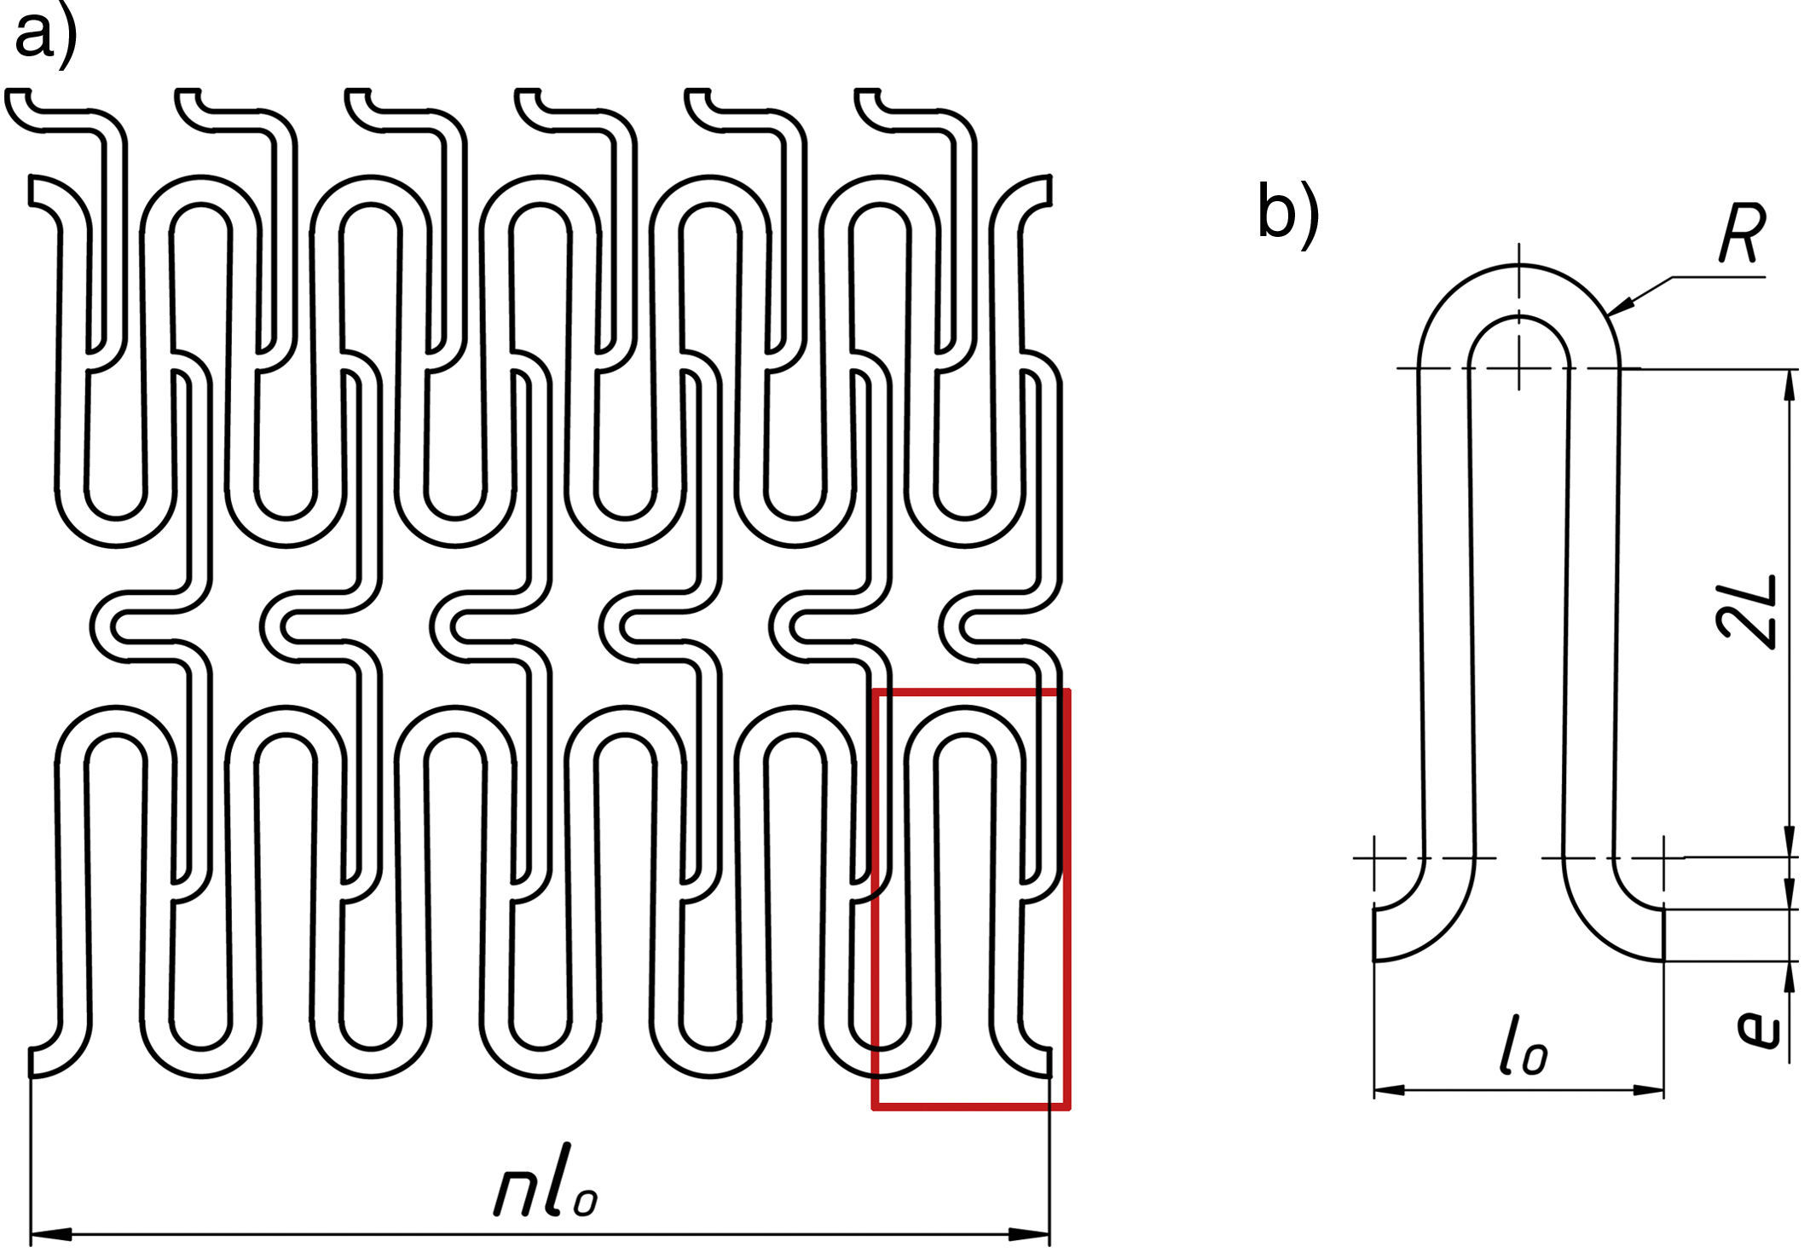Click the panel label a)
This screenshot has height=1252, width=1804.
[44, 36]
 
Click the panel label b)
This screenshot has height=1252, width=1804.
[1287, 213]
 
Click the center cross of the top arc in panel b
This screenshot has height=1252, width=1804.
[1518, 368]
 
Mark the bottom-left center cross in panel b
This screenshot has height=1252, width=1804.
[1374, 857]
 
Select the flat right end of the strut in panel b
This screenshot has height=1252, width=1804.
[1663, 934]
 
